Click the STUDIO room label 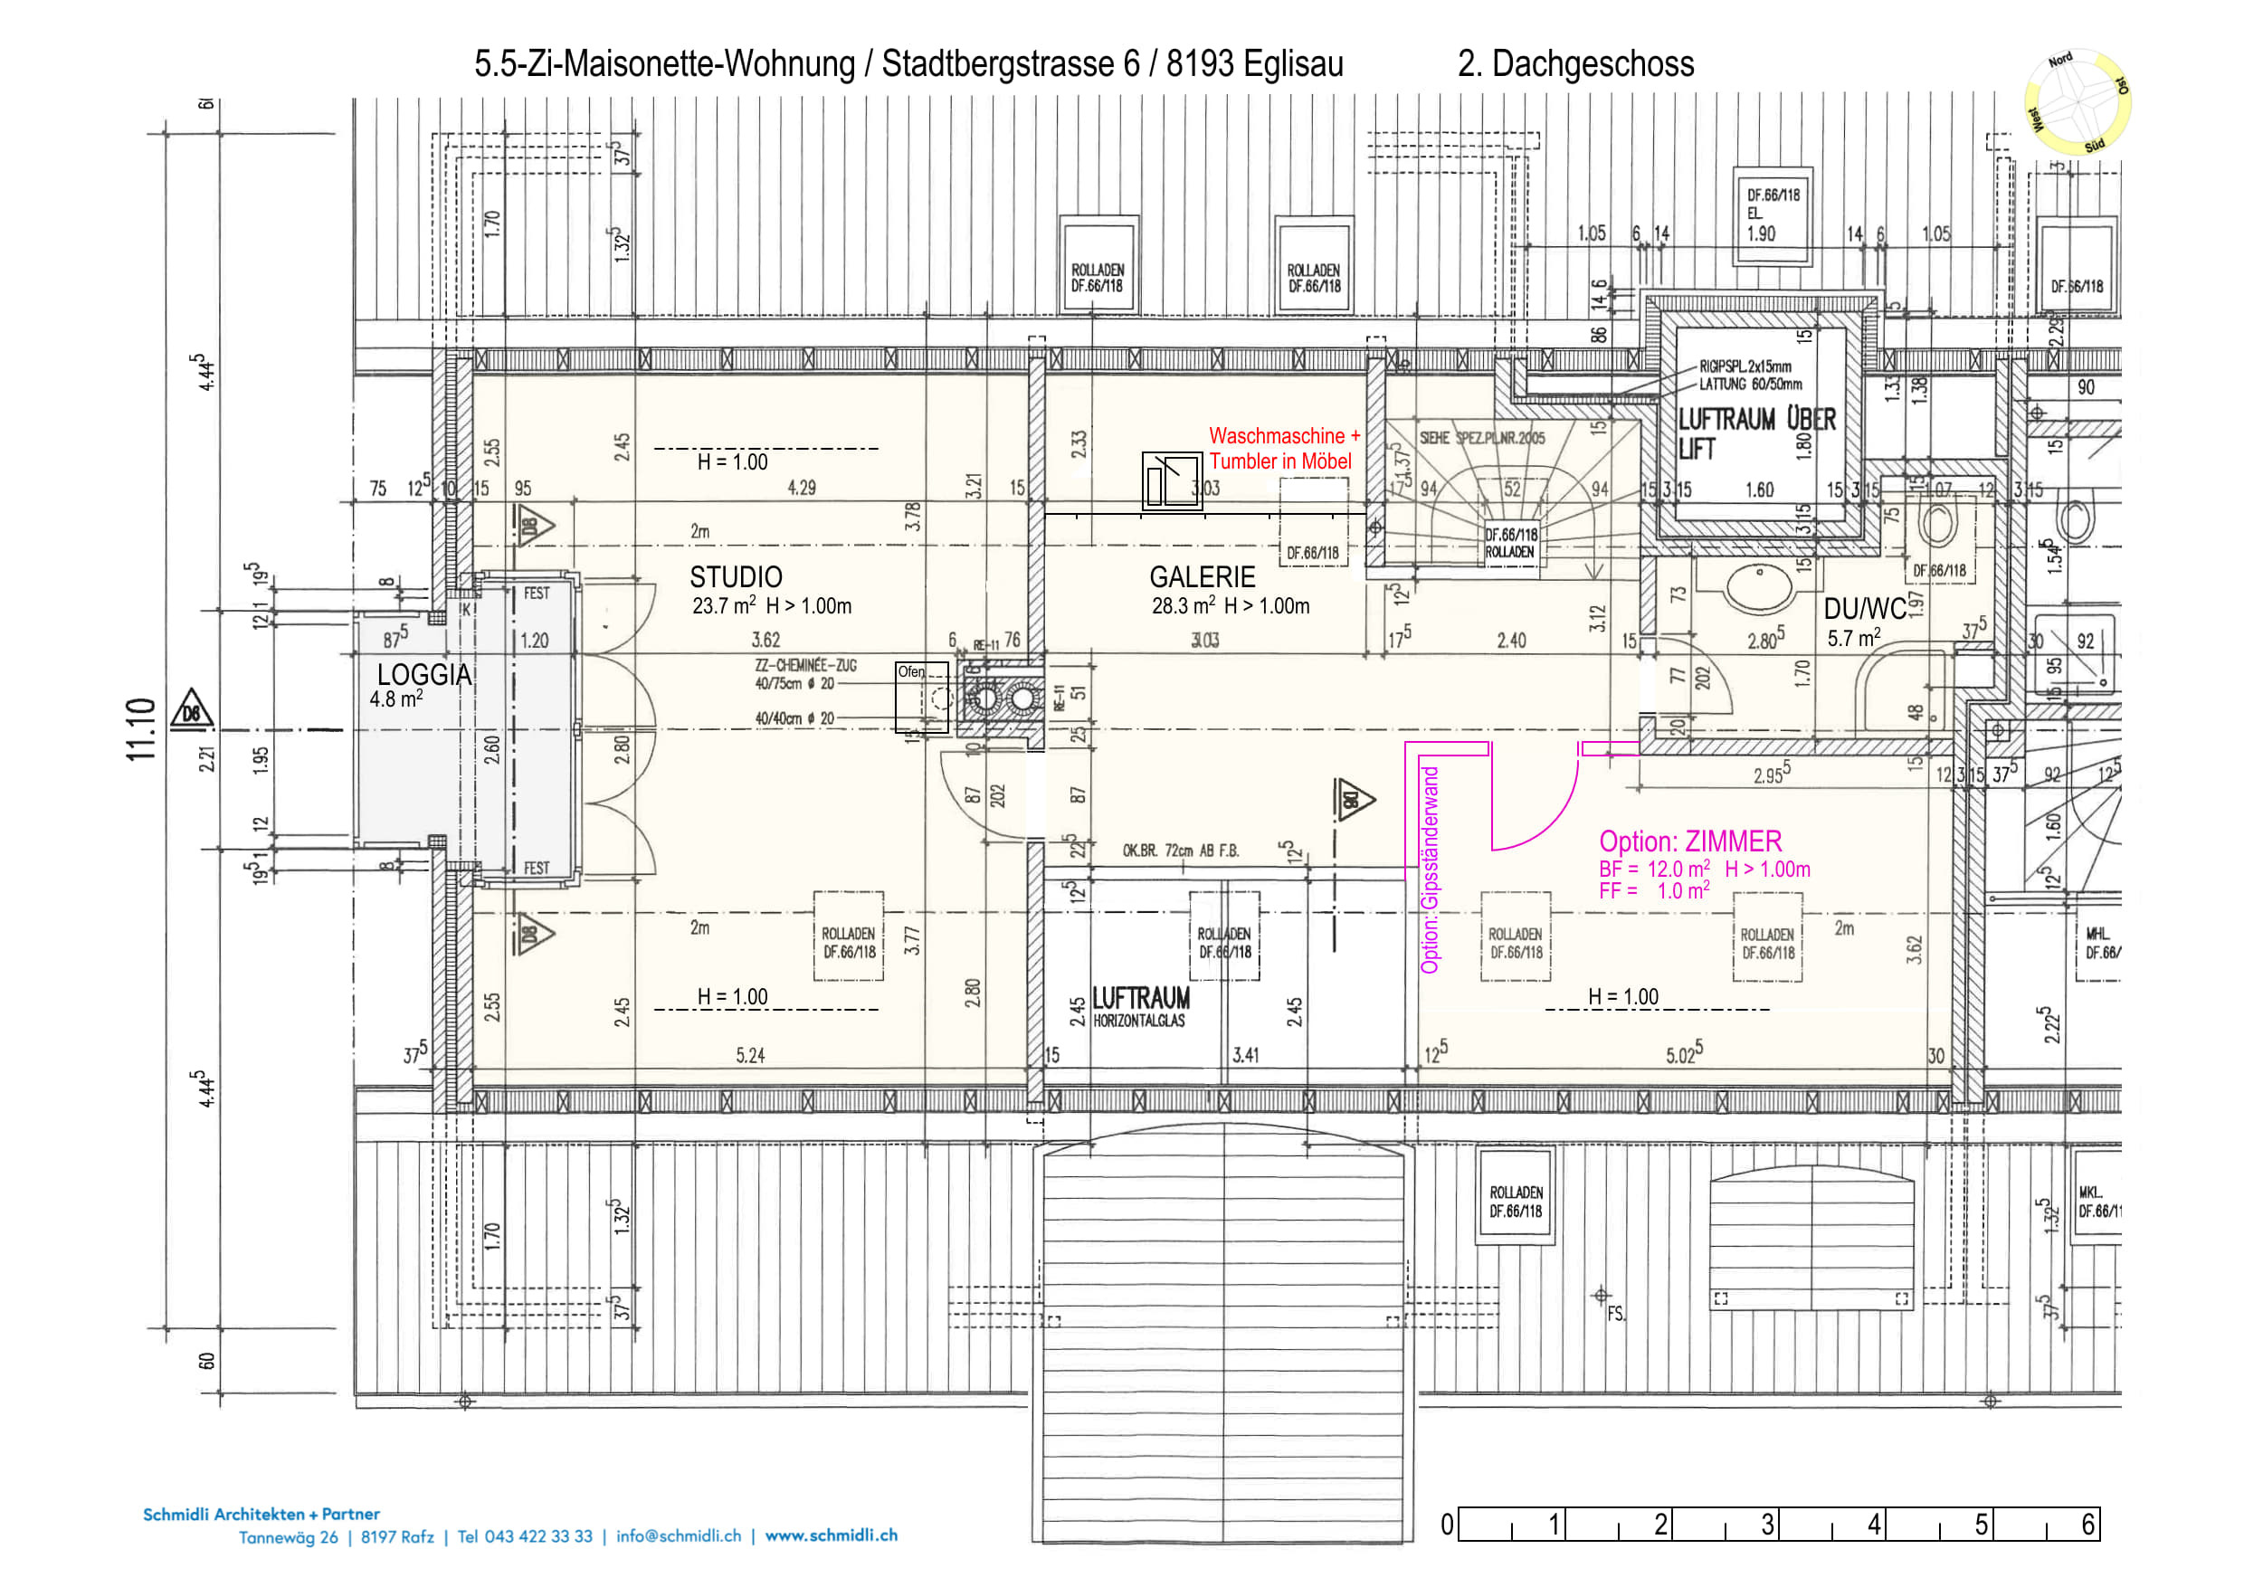(736, 577)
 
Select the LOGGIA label (423, 675)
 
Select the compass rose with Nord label (2077, 102)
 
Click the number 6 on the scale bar (2087, 1525)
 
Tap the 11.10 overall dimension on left (141, 729)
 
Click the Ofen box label (911, 672)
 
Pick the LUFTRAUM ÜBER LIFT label (1755, 432)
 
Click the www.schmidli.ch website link (831, 1535)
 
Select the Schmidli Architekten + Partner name (261, 1514)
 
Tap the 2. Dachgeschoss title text (1575, 64)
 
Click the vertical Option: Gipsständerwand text (1430, 870)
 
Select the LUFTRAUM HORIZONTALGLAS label (1141, 1006)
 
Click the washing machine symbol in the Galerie (1172, 480)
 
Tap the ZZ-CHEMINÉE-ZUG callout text (805, 666)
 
